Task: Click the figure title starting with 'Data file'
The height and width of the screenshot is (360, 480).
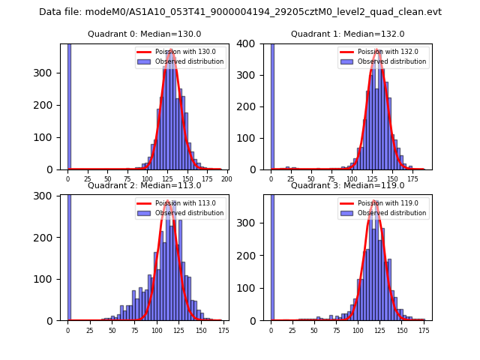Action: pos(240,12)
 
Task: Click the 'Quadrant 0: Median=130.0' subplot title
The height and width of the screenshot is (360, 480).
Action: pos(144,34)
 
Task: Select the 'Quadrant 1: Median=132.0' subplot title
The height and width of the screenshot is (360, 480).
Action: pos(347,34)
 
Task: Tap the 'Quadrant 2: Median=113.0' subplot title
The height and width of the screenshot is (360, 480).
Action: pos(144,185)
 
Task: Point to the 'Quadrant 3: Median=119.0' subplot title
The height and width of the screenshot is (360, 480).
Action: pos(347,185)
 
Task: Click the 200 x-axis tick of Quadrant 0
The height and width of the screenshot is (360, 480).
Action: pos(226,179)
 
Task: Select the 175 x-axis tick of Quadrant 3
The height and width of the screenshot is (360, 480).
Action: pos(424,330)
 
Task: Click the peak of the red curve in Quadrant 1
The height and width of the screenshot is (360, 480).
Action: pos(379,51)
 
